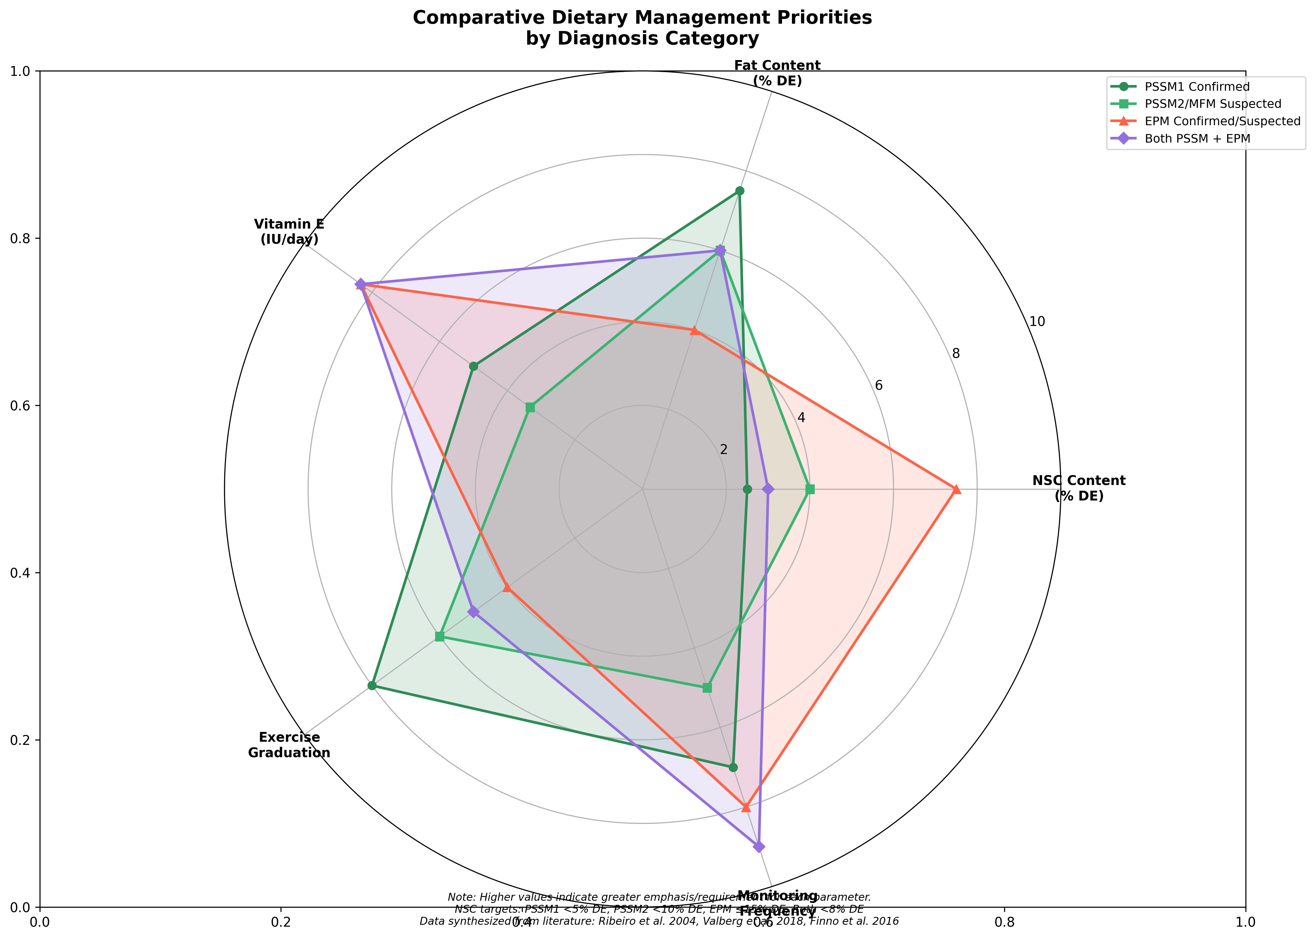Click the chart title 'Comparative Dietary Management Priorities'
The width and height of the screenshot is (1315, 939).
(x=642, y=18)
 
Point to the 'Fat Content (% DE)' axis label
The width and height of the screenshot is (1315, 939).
(x=777, y=73)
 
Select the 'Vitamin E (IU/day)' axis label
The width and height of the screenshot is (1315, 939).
(x=289, y=231)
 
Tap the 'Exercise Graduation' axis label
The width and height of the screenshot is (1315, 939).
(x=289, y=745)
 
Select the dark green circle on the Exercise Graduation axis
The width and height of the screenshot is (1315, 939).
(x=372, y=686)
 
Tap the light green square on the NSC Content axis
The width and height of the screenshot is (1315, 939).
(x=810, y=489)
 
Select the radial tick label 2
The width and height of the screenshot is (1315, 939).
(x=723, y=450)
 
